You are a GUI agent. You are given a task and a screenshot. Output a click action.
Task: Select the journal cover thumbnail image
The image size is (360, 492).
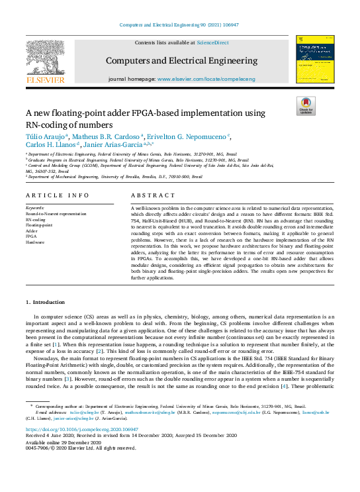coord(315,60)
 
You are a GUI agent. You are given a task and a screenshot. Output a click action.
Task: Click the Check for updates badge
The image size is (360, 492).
coord(306,106)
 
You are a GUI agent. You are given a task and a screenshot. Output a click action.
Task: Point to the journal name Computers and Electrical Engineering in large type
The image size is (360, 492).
coord(181,61)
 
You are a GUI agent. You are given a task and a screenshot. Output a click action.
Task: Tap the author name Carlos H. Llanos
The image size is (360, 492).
coord(51,144)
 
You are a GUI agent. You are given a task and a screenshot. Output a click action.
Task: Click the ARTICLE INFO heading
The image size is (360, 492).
coord(57,195)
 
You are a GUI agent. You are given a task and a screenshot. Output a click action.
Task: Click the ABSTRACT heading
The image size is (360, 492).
coord(153,195)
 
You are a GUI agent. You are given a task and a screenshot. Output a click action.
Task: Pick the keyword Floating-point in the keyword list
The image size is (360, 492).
coord(39,224)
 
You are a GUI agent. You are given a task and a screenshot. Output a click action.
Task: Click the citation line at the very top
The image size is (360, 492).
coord(179,25)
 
